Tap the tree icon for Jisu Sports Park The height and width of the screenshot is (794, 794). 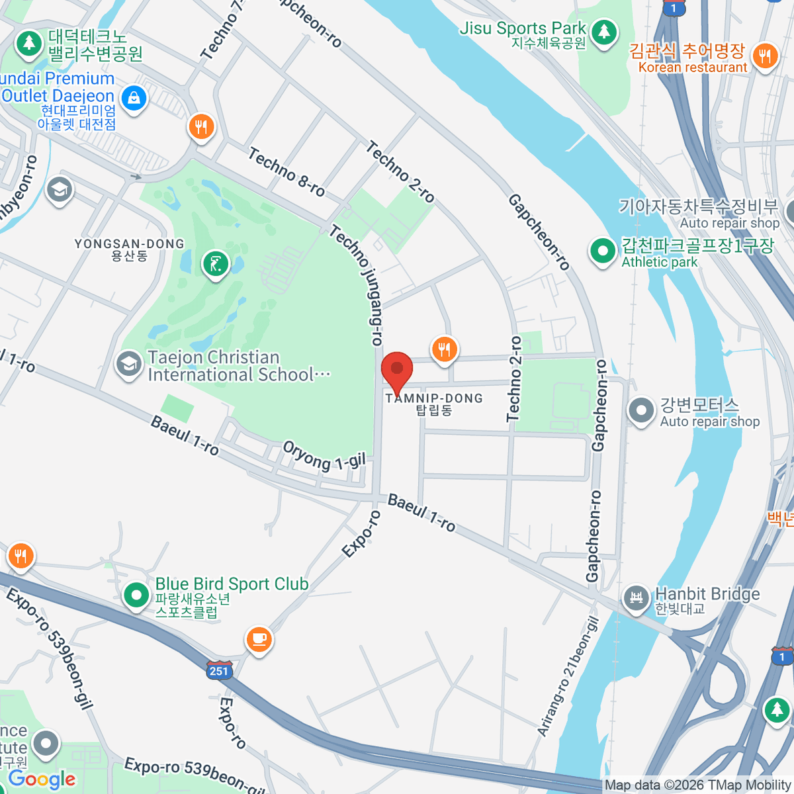click(x=603, y=32)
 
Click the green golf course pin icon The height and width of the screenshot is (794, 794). click(x=215, y=263)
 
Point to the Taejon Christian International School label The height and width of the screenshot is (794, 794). click(x=238, y=366)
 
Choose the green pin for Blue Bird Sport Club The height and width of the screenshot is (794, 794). click(x=136, y=595)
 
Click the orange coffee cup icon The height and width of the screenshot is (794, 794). click(x=259, y=639)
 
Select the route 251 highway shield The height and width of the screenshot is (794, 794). click(x=219, y=670)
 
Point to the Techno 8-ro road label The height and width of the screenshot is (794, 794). click(x=287, y=172)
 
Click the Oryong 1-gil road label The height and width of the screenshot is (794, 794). click(x=324, y=455)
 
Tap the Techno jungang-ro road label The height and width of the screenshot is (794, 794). click(x=357, y=285)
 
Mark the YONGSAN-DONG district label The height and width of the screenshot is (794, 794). click(x=129, y=249)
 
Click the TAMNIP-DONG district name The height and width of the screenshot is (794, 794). click(x=434, y=398)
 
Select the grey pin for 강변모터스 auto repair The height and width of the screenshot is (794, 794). click(x=640, y=410)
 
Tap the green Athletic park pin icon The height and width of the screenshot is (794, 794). click(x=603, y=251)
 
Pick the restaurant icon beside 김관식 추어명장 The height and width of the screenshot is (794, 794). click(x=765, y=56)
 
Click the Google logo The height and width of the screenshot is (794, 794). click(x=42, y=779)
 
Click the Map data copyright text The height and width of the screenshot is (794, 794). click(x=697, y=785)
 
